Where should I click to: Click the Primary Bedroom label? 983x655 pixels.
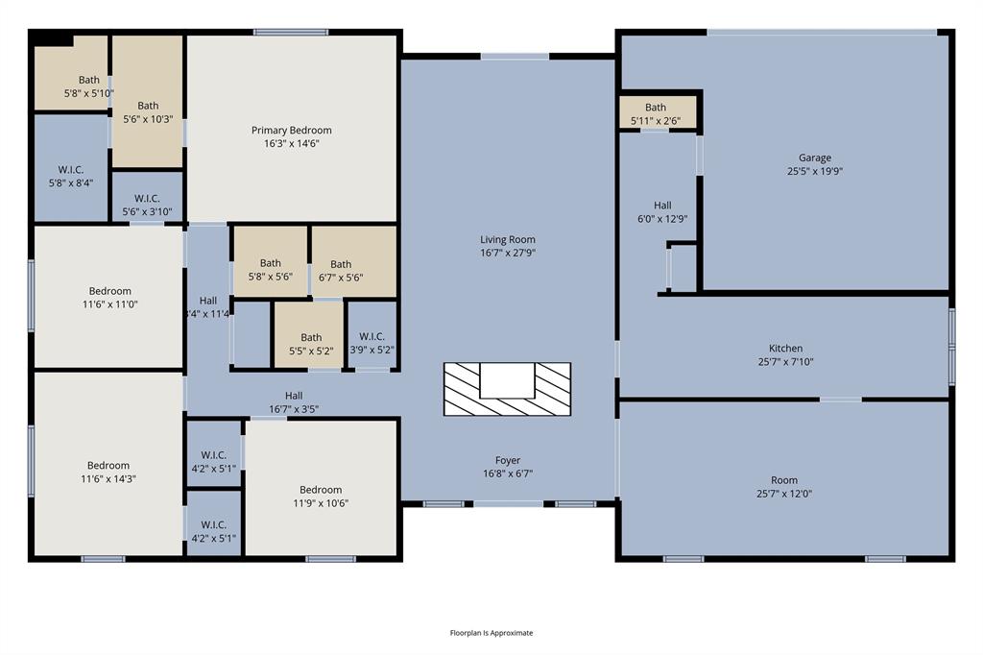(292, 131)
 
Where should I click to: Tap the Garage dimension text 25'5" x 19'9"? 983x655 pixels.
(815, 172)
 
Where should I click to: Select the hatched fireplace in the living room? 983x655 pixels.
(507, 389)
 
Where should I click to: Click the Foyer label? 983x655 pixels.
(508, 460)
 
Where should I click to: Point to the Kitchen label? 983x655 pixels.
(785, 349)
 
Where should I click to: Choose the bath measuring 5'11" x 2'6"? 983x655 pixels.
(656, 113)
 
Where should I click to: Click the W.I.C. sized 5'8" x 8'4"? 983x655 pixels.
(70, 176)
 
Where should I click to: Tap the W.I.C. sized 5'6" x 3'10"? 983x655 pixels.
(147, 205)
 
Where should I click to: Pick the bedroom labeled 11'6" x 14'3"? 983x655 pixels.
(108, 472)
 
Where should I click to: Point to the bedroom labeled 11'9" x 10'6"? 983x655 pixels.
(320, 496)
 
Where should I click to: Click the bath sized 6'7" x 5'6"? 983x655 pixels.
(341, 271)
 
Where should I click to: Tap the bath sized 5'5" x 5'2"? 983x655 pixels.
(311, 344)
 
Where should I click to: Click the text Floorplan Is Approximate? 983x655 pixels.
(491, 633)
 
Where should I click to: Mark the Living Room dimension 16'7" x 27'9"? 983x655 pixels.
(508, 253)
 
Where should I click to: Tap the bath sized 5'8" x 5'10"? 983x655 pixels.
(88, 86)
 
